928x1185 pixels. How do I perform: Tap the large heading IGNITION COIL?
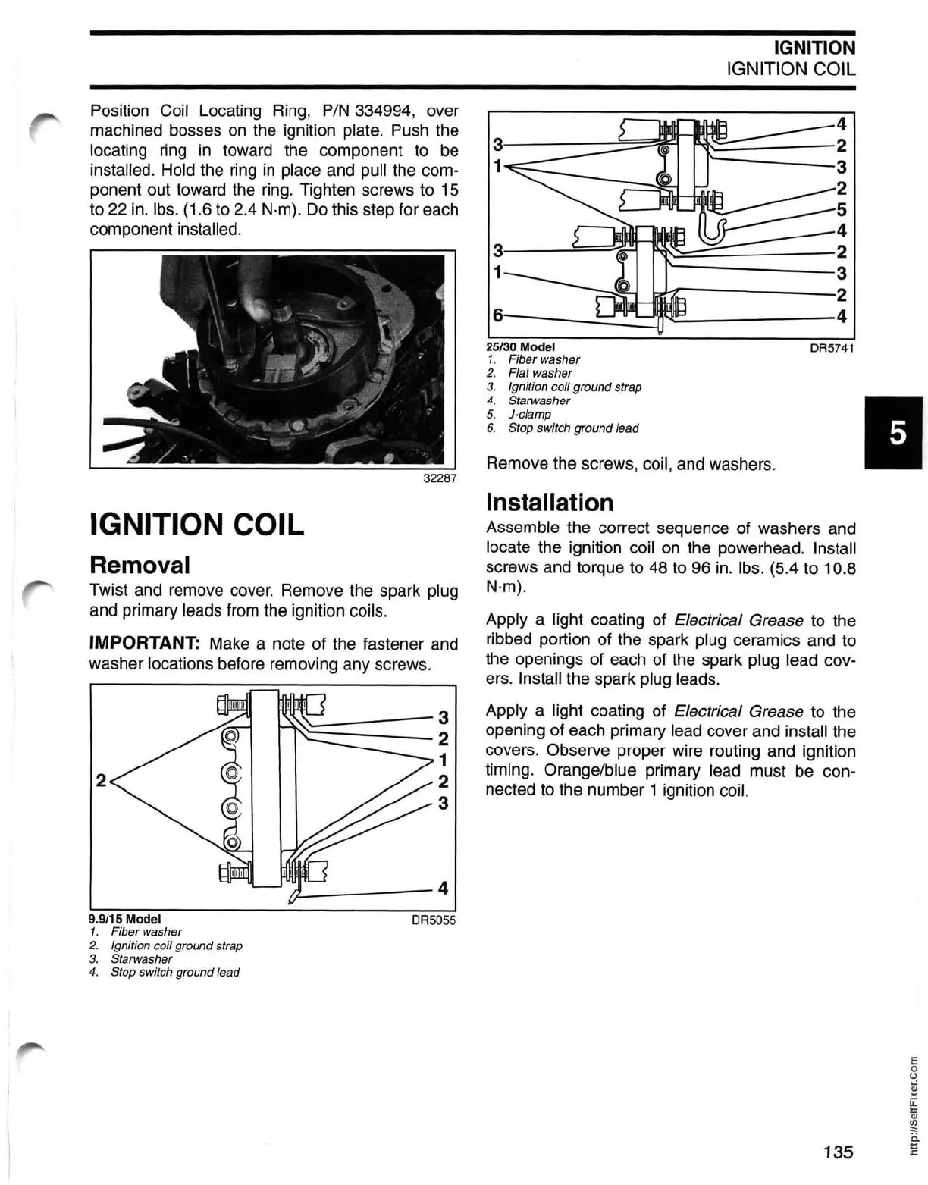pos(196,524)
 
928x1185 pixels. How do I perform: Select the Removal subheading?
pos(140,564)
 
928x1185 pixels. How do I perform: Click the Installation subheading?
pos(549,502)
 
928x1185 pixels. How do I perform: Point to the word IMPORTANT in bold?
pos(144,644)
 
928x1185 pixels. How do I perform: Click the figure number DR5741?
pos(832,347)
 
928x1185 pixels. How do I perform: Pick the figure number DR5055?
pos(433,920)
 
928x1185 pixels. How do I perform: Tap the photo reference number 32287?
pos(439,478)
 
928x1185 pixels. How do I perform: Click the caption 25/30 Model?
pos(521,346)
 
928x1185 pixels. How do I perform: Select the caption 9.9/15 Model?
pos(125,918)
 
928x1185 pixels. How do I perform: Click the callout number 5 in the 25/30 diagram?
pos(841,209)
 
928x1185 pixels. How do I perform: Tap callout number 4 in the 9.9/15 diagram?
pos(443,888)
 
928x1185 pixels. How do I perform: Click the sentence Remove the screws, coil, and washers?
pos(630,463)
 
